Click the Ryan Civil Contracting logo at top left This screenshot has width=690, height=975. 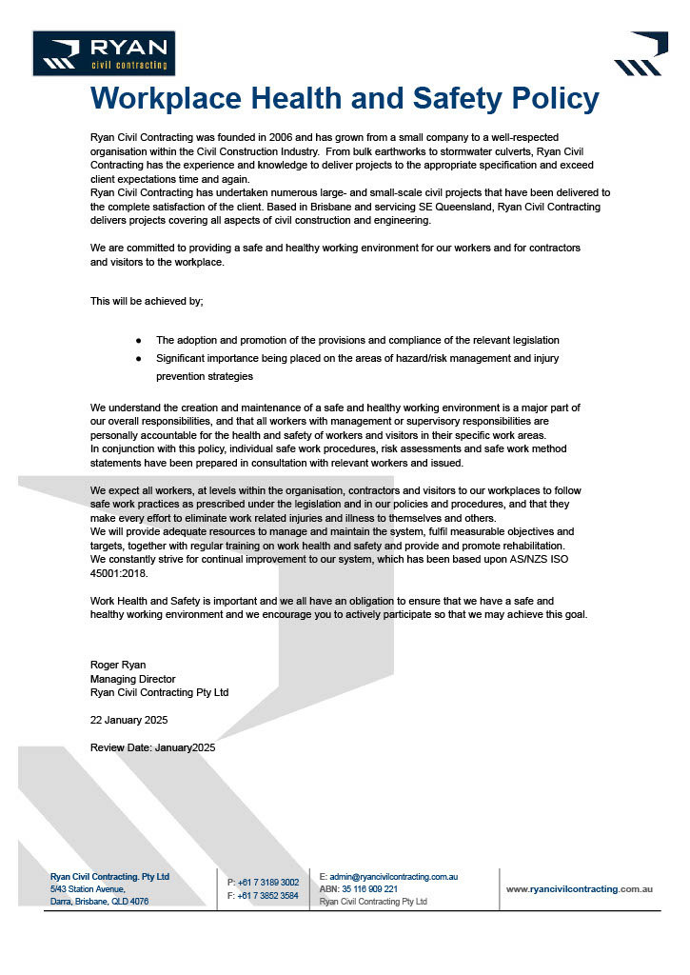pos(104,53)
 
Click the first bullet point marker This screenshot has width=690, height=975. pos(139,340)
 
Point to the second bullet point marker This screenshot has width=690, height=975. pos(139,358)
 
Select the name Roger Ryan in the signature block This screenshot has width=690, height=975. pos(117,664)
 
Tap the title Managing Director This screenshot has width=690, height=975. pos(133,679)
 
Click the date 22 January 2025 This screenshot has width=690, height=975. pos(129,720)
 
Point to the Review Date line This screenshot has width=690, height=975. pos(153,747)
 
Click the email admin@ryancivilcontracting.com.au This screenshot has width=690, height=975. pos(394,876)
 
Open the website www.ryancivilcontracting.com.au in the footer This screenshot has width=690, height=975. pos(579,888)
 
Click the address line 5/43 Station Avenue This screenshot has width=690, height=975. pos(88,888)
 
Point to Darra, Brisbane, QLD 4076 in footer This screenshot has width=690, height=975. pos(99,901)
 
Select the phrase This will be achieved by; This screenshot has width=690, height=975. pos(147,301)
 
